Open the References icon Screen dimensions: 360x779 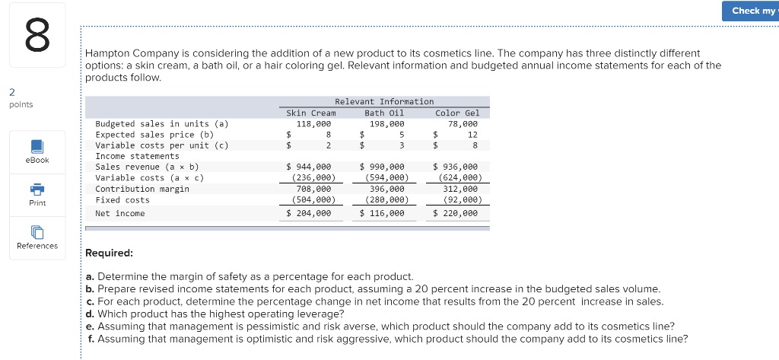point(37,231)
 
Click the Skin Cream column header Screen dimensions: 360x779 point(310,113)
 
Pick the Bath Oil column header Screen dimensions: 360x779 point(384,113)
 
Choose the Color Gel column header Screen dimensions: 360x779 point(457,113)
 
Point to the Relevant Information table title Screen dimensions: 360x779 point(384,101)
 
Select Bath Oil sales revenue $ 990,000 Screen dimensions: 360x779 point(382,167)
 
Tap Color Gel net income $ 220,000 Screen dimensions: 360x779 point(455,214)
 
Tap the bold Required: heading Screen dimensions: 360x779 point(110,253)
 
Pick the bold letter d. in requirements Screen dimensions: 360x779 point(91,313)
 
